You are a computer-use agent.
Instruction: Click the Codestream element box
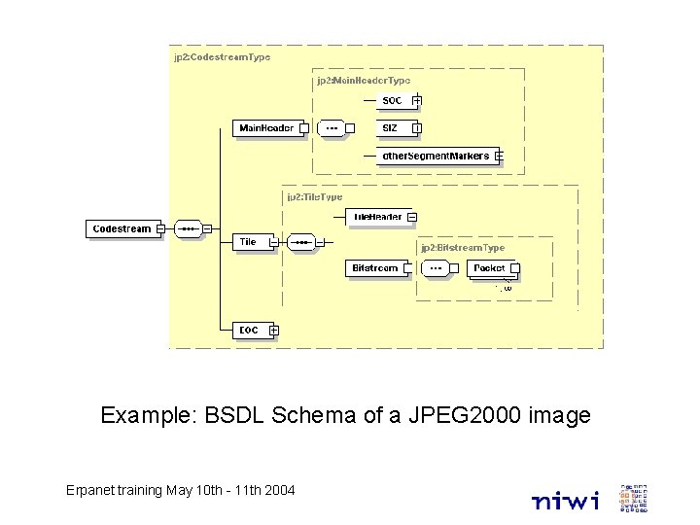tap(122, 229)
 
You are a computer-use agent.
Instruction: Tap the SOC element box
tap(393, 100)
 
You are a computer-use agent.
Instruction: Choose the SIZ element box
tap(393, 127)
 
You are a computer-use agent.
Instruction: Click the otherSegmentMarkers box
tap(436, 156)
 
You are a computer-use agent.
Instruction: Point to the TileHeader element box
tap(377, 217)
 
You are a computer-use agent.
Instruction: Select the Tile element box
tap(250, 242)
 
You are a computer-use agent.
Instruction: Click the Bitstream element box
tap(375, 267)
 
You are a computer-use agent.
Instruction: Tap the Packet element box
tap(490, 267)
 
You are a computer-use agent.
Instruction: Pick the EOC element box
tap(250, 331)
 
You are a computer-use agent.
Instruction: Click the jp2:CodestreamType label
tap(222, 57)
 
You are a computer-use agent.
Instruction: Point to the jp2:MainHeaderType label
tap(363, 81)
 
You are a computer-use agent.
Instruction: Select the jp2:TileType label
tap(314, 196)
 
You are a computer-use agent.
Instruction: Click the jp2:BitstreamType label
tap(463, 248)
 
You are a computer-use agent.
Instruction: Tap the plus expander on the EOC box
tap(273, 332)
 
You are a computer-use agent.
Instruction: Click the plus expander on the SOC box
tap(417, 100)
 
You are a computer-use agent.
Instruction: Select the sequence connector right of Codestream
tap(189, 229)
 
